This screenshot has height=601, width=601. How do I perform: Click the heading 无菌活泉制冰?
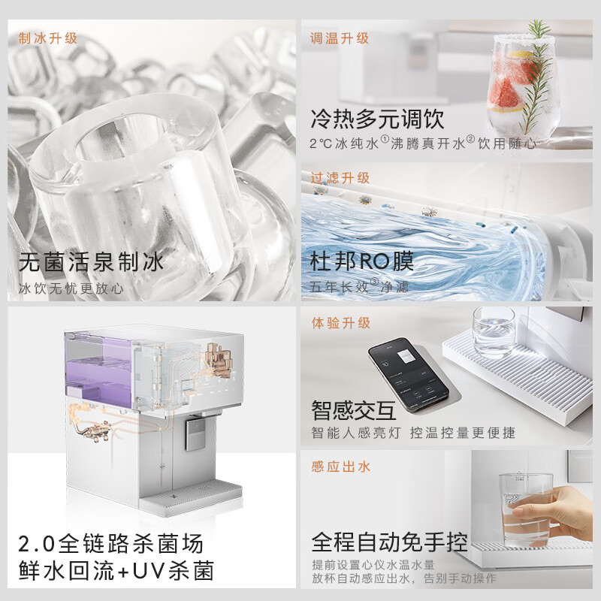click(x=91, y=262)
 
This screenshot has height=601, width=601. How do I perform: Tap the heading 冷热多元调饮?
click(x=377, y=119)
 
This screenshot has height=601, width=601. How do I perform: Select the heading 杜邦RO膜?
click(x=362, y=261)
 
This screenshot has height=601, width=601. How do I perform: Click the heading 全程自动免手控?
click(x=389, y=542)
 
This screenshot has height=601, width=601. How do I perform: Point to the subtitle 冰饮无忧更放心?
click(x=71, y=288)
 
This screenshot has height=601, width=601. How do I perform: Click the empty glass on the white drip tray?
click(x=494, y=331)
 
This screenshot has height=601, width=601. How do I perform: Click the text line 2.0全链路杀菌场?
click(x=111, y=542)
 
